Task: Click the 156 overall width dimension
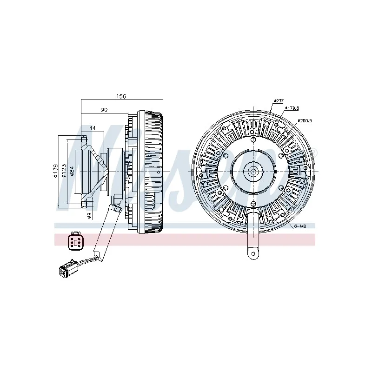point(121,96)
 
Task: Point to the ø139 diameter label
point(55,172)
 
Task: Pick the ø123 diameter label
point(64,172)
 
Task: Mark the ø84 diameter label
point(72,172)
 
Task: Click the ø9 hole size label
point(88,215)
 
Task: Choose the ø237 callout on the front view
point(278,100)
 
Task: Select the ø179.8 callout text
point(292,108)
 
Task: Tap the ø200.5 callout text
point(305,120)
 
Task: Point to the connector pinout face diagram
point(74,240)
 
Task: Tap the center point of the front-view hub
point(253,171)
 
